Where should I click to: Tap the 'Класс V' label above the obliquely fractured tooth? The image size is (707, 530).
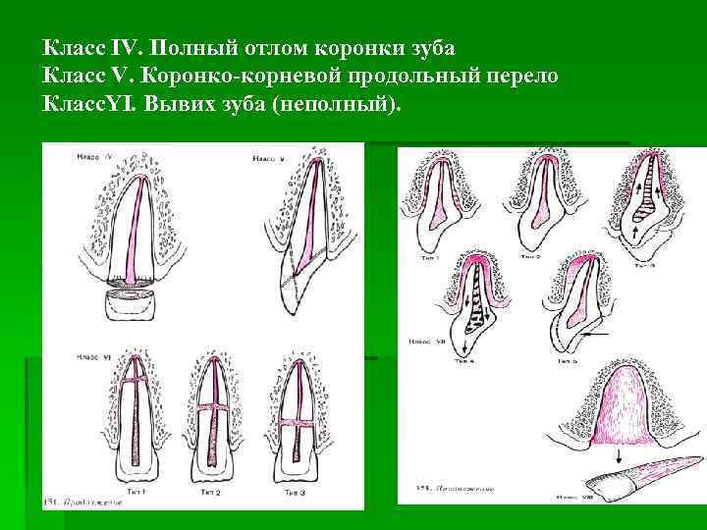click(268, 159)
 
